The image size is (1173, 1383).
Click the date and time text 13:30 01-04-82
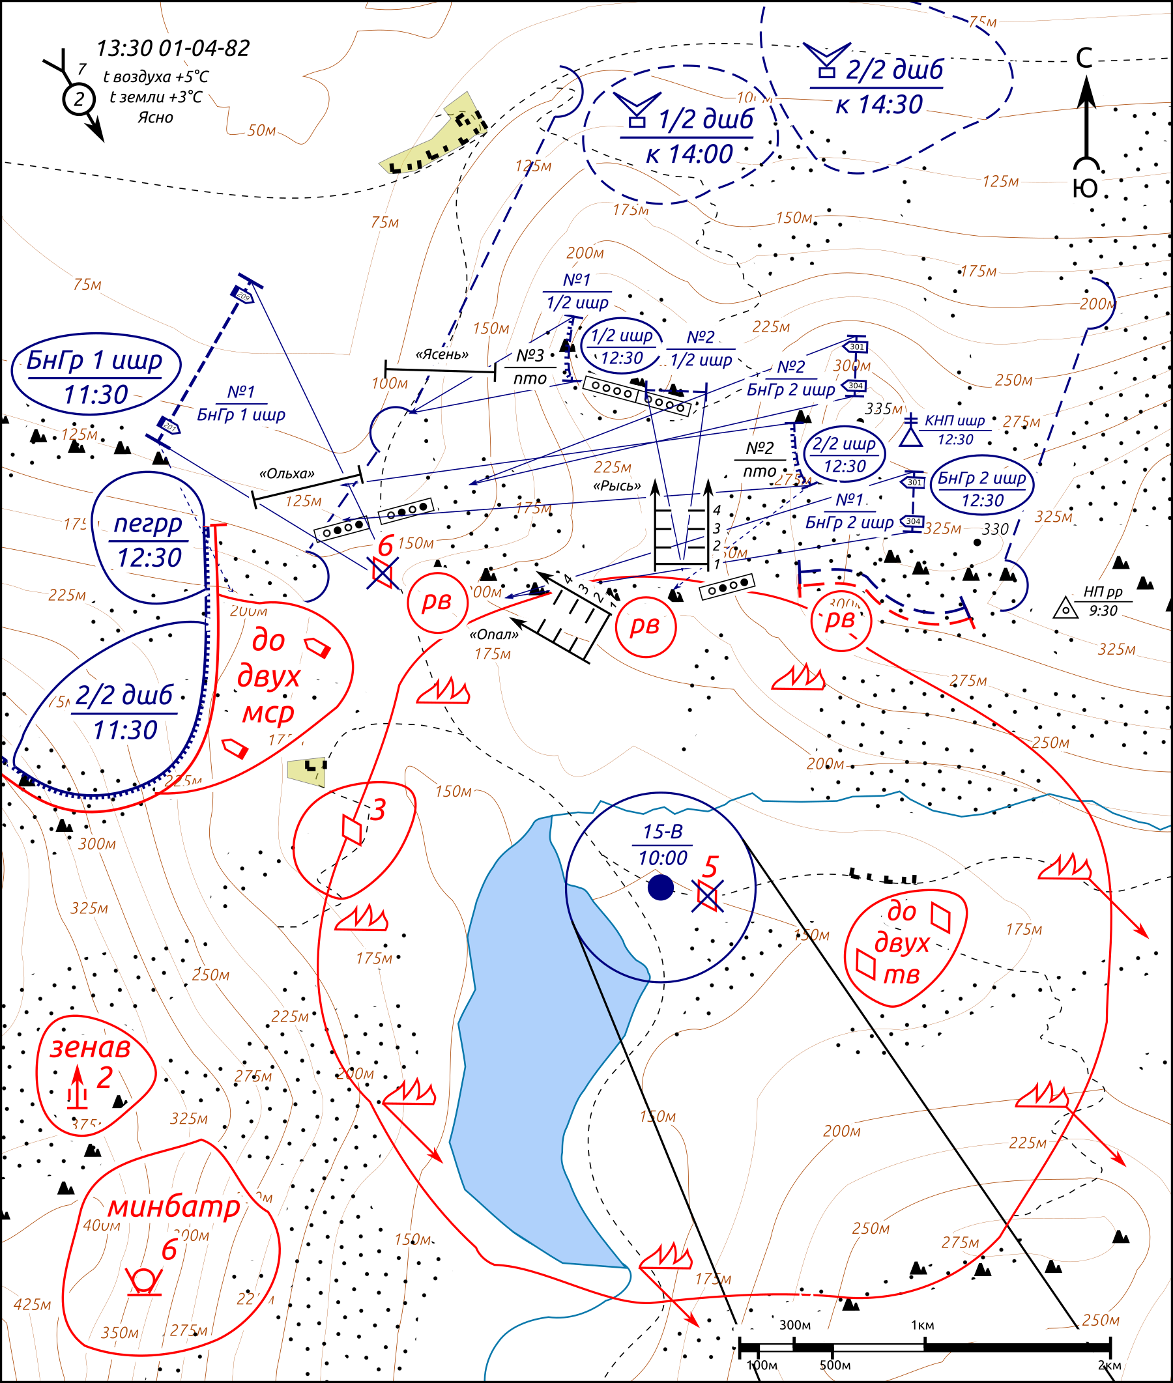(x=173, y=48)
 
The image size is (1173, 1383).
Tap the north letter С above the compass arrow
(x=1084, y=59)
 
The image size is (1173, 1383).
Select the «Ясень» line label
(x=442, y=354)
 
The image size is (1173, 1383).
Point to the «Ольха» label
(x=286, y=474)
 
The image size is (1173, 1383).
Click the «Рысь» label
(x=616, y=486)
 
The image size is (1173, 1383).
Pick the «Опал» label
(x=493, y=634)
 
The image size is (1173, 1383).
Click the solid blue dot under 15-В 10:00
(x=660, y=887)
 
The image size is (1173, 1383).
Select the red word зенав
(x=91, y=1048)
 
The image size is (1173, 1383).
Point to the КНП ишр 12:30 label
(x=954, y=430)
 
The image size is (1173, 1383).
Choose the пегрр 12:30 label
(x=149, y=539)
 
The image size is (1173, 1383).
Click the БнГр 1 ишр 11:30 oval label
(x=96, y=376)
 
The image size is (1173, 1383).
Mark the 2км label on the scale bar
(x=1109, y=1365)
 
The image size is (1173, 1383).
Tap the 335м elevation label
(x=883, y=408)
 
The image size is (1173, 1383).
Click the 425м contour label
(x=32, y=1304)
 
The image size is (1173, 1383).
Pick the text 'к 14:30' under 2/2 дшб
(x=879, y=105)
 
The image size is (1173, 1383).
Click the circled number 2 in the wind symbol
(x=79, y=100)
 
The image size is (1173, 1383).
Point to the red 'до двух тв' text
(x=902, y=944)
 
